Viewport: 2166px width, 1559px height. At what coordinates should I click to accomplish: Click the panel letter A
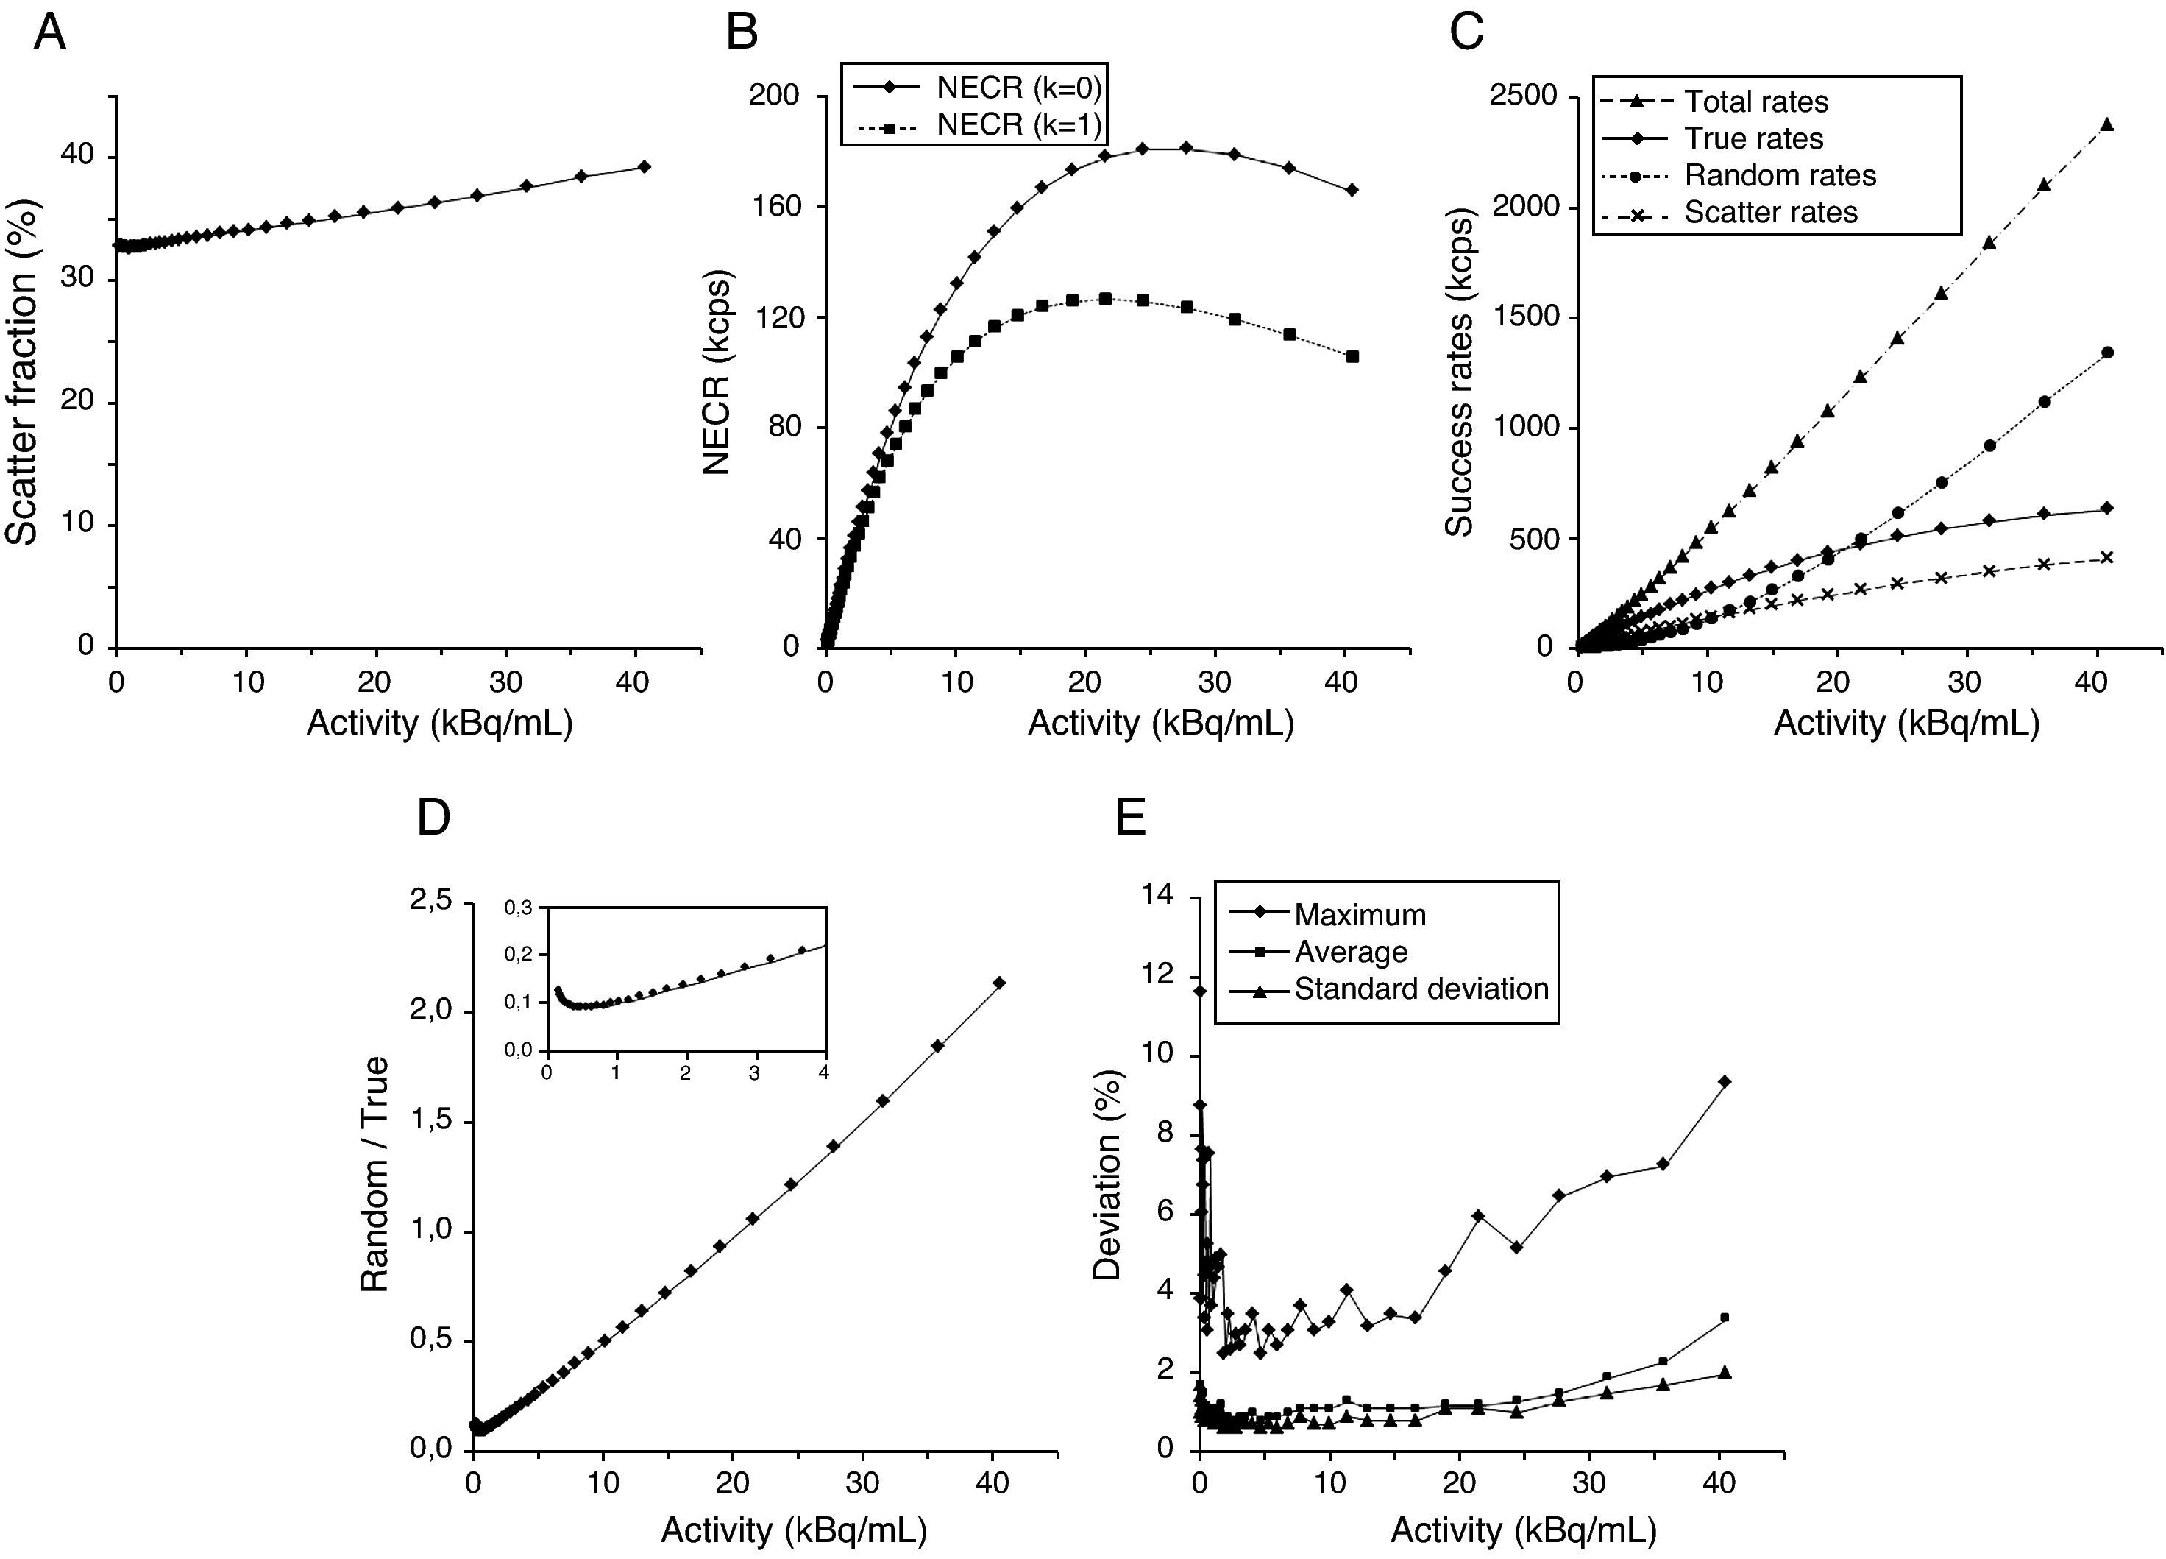pyautogui.click(x=49, y=32)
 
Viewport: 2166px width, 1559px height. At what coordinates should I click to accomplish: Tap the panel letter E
pyautogui.click(x=1131, y=819)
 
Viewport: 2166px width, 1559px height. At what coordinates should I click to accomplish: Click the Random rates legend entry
pyautogui.click(x=1779, y=176)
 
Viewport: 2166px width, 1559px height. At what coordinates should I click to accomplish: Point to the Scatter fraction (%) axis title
pyautogui.click(x=23, y=373)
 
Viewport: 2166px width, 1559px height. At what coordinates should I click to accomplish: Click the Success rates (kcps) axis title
pyautogui.click(x=1459, y=372)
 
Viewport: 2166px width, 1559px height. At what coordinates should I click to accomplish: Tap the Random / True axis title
pyautogui.click(x=375, y=1174)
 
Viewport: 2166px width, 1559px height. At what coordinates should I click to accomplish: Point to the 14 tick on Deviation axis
pyautogui.click(x=1159, y=895)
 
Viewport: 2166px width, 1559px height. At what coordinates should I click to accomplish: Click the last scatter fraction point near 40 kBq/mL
pyautogui.click(x=645, y=166)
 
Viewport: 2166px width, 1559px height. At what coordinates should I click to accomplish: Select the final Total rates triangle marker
pyautogui.click(x=2107, y=124)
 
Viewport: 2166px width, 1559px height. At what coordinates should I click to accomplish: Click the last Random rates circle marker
pyautogui.click(x=2107, y=353)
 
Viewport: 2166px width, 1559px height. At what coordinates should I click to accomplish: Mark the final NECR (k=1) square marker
pyautogui.click(x=1352, y=356)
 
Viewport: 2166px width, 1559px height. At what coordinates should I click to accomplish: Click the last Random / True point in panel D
pyautogui.click(x=1000, y=982)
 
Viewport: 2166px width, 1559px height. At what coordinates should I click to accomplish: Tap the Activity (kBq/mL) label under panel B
pyautogui.click(x=1160, y=723)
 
